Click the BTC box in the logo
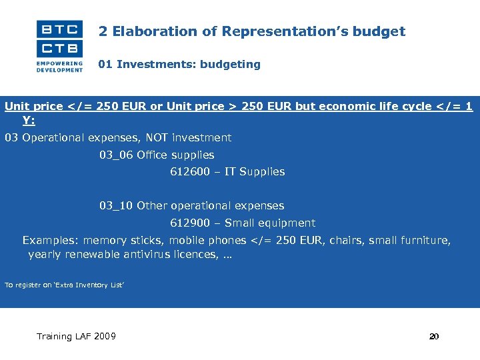tap(60, 29)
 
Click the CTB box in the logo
tap(60, 48)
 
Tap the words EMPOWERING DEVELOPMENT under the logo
tap(60, 66)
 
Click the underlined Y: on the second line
tap(29, 120)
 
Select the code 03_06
tap(116, 155)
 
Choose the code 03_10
tap(116, 206)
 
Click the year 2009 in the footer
tap(104, 337)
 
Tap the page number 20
tap(434, 337)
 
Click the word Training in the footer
tap(55, 337)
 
